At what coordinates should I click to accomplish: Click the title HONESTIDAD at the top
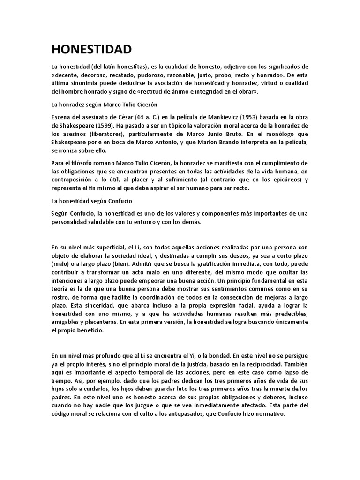tap(91, 49)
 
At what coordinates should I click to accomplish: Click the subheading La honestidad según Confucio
tap(92, 201)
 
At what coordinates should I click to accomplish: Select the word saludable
tap(108, 222)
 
